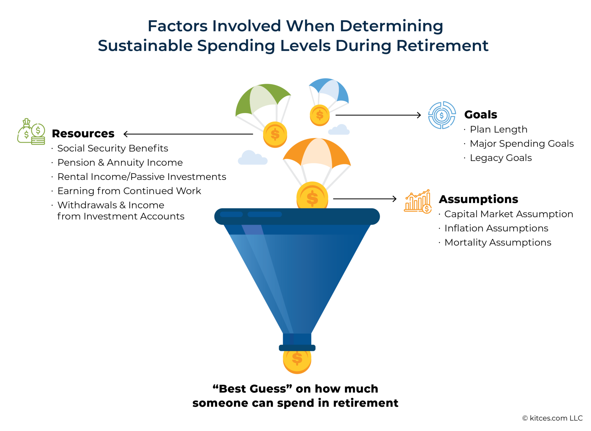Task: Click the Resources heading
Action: click(83, 134)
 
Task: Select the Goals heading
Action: click(480, 114)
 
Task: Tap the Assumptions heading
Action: click(478, 199)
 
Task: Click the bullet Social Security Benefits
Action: click(113, 148)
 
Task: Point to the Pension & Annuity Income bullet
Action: click(120, 162)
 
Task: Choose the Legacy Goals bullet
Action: click(501, 158)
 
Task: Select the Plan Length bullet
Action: click(499, 129)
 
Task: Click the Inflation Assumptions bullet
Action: click(496, 228)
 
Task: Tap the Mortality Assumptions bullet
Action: click(498, 242)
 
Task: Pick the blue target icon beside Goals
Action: click(442, 115)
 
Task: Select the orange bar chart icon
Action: click(418, 201)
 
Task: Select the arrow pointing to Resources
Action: click(188, 134)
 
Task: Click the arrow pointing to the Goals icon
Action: click(378, 115)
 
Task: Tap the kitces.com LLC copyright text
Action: click(552, 418)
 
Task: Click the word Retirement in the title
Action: click(442, 46)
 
